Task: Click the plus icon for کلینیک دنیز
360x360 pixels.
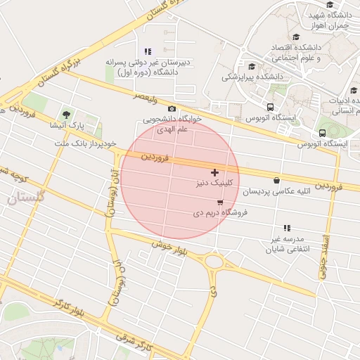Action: (214, 172)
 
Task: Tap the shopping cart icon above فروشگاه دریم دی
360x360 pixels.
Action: (221, 202)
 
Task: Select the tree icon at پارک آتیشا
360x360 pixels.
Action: (66, 113)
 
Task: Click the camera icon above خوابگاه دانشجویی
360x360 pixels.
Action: (172, 109)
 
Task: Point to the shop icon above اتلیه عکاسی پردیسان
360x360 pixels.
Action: (276, 181)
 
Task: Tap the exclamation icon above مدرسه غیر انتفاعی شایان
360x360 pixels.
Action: (287, 228)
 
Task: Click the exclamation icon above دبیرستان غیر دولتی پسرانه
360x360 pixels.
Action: (148, 51)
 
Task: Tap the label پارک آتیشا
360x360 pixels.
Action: (66, 124)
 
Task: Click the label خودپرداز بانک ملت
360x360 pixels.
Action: (84, 143)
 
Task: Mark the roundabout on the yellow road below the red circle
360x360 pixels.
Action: (214, 262)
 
